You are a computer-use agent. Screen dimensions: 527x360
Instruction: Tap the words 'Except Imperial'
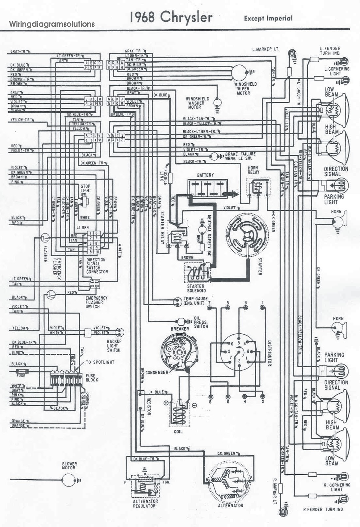point(268,18)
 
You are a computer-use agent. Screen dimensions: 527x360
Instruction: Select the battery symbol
point(208,188)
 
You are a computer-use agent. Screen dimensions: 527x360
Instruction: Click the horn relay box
point(258,187)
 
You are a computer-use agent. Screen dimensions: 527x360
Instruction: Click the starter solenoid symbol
point(197,272)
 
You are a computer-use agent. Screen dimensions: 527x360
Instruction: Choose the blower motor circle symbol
point(69,480)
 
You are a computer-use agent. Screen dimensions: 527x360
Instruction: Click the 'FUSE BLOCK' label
point(91,377)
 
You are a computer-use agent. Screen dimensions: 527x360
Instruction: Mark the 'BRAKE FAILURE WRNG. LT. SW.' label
point(240,156)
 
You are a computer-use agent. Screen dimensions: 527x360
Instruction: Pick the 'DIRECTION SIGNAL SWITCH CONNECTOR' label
point(97,266)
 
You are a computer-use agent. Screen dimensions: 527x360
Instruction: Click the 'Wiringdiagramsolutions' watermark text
point(52,24)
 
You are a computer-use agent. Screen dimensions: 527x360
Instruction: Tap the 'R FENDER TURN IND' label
point(323,509)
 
